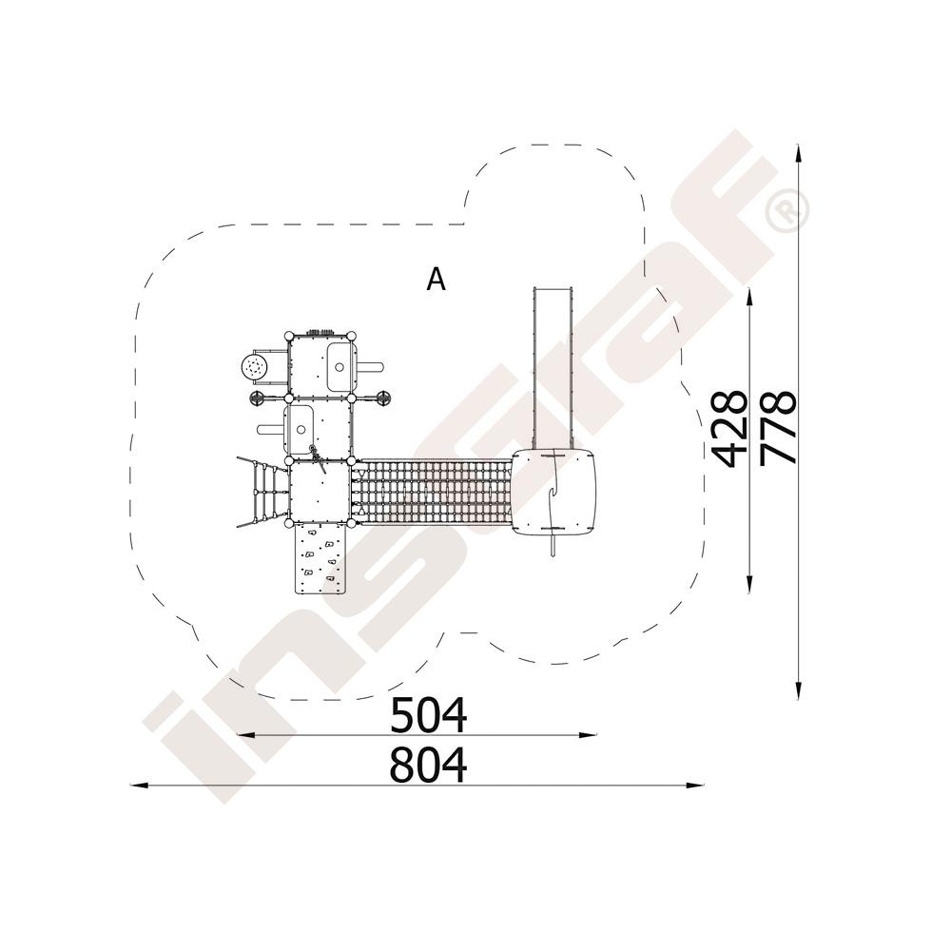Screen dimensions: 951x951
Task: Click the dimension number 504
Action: (428, 716)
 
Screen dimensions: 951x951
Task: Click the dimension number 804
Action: (428, 766)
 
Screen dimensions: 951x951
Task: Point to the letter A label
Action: (437, 280)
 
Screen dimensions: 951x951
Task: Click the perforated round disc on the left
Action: (254, 367)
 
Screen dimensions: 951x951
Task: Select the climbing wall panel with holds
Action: (320, 559)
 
